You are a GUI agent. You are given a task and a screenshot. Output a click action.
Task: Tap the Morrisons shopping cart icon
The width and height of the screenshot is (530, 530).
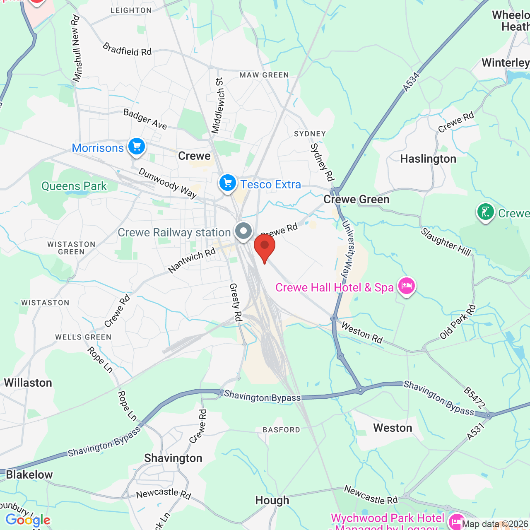pos(136,147)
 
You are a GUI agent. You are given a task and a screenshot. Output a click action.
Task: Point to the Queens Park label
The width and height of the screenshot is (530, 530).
pos(74,186)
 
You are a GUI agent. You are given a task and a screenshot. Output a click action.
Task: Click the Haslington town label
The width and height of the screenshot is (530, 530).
pos(428,159)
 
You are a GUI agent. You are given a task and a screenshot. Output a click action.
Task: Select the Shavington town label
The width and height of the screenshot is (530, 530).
pos(173,458)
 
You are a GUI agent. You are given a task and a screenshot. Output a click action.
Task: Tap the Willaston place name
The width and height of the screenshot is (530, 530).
pos(28,383)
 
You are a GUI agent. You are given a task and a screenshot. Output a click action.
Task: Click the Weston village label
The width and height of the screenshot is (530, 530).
pos(393,428)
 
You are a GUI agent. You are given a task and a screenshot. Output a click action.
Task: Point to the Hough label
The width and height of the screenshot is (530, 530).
pos(272,501)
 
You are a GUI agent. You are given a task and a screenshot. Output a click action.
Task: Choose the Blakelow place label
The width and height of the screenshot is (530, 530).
pos(29,475)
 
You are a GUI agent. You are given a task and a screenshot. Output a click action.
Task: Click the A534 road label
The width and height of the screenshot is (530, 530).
pos(411,82)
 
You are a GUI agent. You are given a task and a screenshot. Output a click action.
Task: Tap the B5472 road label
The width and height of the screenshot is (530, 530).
pos(474,397)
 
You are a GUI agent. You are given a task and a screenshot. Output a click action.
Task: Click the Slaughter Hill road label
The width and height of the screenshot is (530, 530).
pos(446,242)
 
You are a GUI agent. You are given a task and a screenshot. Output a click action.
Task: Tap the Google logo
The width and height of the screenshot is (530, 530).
pos(28,520)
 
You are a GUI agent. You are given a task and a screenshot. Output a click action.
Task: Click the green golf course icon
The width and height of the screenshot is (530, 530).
pos(485,212)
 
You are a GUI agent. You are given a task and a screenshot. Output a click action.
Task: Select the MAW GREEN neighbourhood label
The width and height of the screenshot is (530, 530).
pos(264,75)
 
